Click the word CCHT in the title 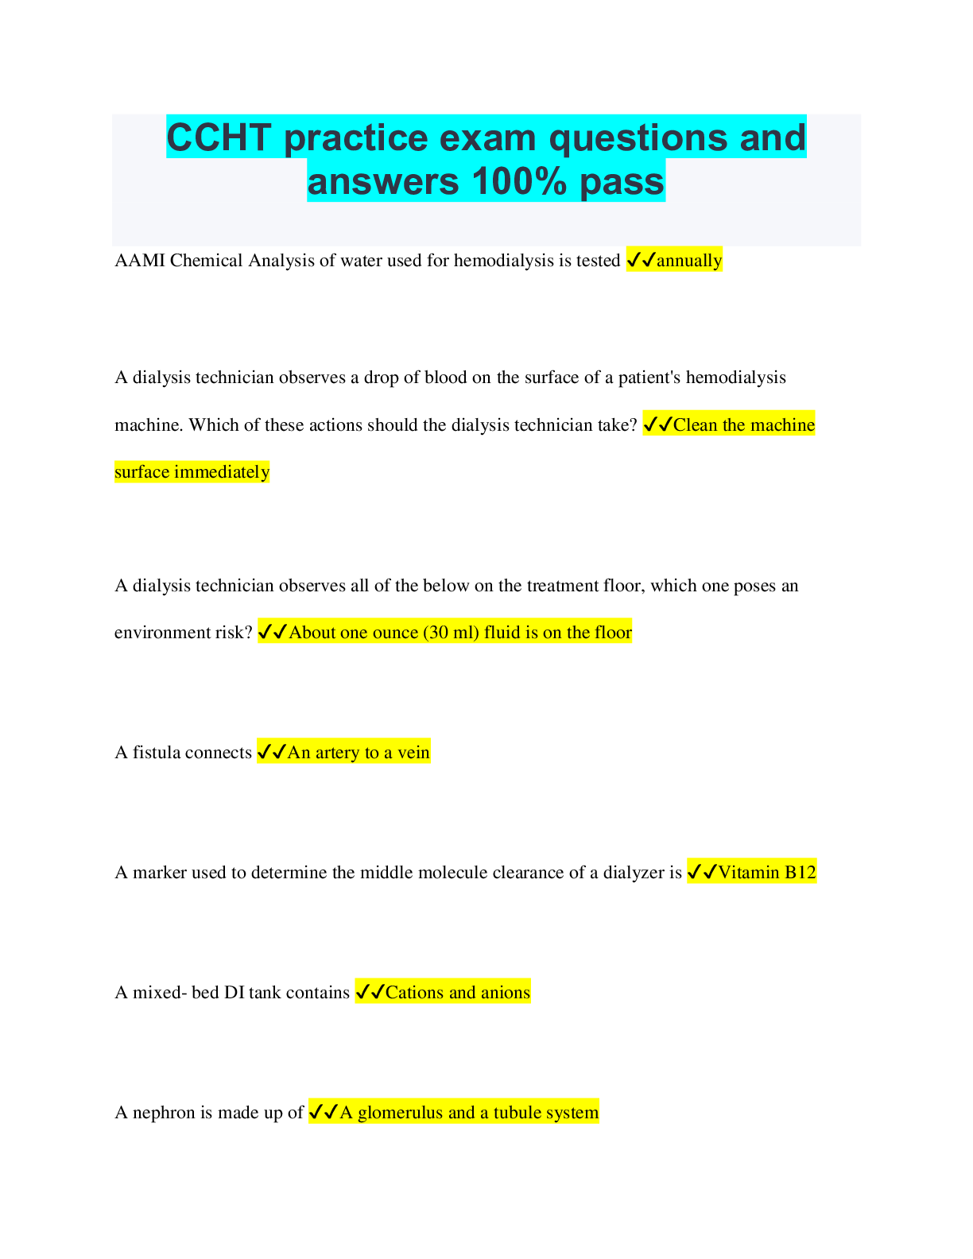(219, 138)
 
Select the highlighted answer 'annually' (689, 261)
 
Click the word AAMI (140, 261)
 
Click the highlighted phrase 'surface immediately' (192, 471)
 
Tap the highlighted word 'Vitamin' (749, 872)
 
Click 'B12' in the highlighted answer (800, 872)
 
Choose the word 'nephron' (164, 1113)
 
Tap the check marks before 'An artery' (272, 752)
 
